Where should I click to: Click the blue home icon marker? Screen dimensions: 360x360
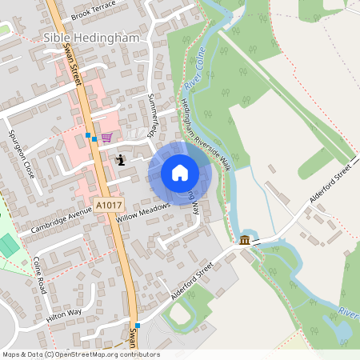(180, 172)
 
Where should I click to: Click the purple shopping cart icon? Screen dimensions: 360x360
(106, 138)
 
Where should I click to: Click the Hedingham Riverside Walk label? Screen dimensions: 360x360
(206, 134)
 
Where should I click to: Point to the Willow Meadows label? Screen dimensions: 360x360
(143, 210)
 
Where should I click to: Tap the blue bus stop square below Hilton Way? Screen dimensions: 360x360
(138, 325)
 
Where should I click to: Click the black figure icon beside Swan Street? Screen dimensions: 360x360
(121, 159)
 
